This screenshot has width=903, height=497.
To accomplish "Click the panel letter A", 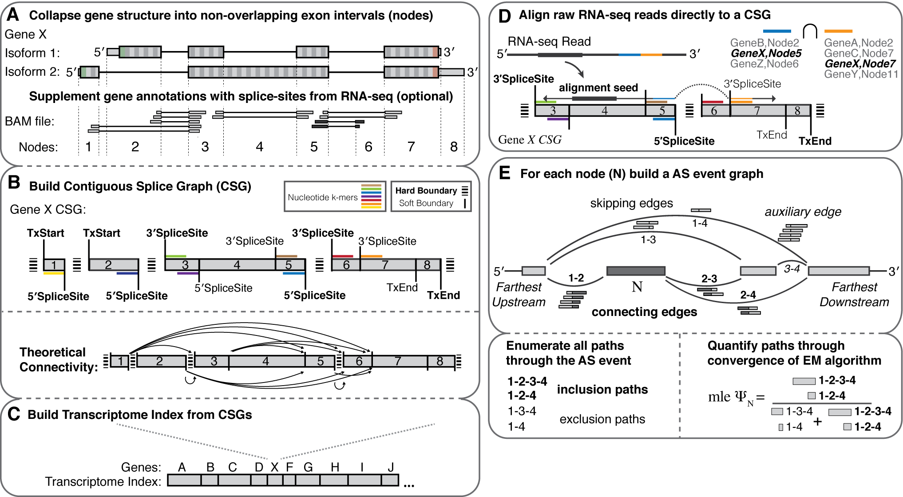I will (x=13, y=15).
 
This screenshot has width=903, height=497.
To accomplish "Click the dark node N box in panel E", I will (x=635, y=271).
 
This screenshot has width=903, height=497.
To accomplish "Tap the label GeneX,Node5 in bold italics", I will (x=766, y=53).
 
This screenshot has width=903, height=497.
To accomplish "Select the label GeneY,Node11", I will (x=861, y=74).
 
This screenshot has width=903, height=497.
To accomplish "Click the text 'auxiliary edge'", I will (x=803, y=212).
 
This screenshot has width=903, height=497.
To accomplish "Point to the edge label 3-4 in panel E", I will (x=792, y=268).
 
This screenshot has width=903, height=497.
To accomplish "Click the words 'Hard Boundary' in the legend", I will (x=426, y=190).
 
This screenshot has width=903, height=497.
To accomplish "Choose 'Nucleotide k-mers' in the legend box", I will (x=322, y=197).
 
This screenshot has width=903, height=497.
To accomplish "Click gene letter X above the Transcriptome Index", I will (x=274, y=467).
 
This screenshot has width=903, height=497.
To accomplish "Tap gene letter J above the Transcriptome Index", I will (x=391, y=467).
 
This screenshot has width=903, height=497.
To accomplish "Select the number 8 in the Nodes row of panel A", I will (x=453, y=147).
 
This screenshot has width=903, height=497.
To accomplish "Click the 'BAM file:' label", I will (x=29, y=121).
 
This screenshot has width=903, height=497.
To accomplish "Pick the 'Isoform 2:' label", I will (x=32, y=71).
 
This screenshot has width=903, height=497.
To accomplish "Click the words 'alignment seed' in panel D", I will (x=598, y=87).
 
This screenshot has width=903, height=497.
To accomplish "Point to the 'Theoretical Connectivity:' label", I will (x=58, y=359).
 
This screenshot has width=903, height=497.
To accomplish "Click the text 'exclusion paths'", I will (x=602, y=419).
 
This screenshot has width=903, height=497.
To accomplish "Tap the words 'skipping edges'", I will (x=631, y=203).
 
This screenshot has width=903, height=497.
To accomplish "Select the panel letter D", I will (x=505, y=16).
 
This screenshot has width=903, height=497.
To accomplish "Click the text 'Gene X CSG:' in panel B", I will (x=48, y=209).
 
